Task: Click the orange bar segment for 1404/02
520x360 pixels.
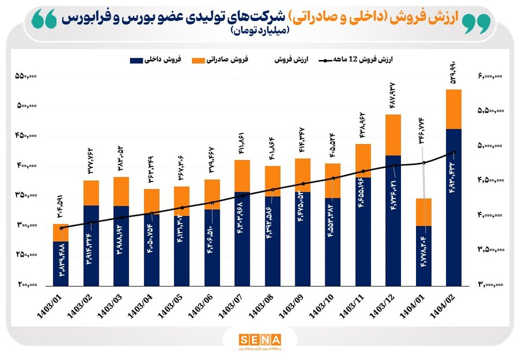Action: click(454, 109)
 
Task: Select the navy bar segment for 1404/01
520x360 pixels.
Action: click(424, 255)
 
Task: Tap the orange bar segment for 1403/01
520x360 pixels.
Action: click(61, 232)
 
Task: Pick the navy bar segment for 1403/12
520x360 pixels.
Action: click(393, 220)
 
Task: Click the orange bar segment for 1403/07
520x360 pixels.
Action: click(242, 176)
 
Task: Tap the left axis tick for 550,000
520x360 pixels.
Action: click(25, 76)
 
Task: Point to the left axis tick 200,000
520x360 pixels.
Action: click(25, 285)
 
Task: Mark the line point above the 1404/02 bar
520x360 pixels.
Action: click(454, 153)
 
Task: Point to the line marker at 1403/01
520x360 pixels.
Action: click(61, 228)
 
